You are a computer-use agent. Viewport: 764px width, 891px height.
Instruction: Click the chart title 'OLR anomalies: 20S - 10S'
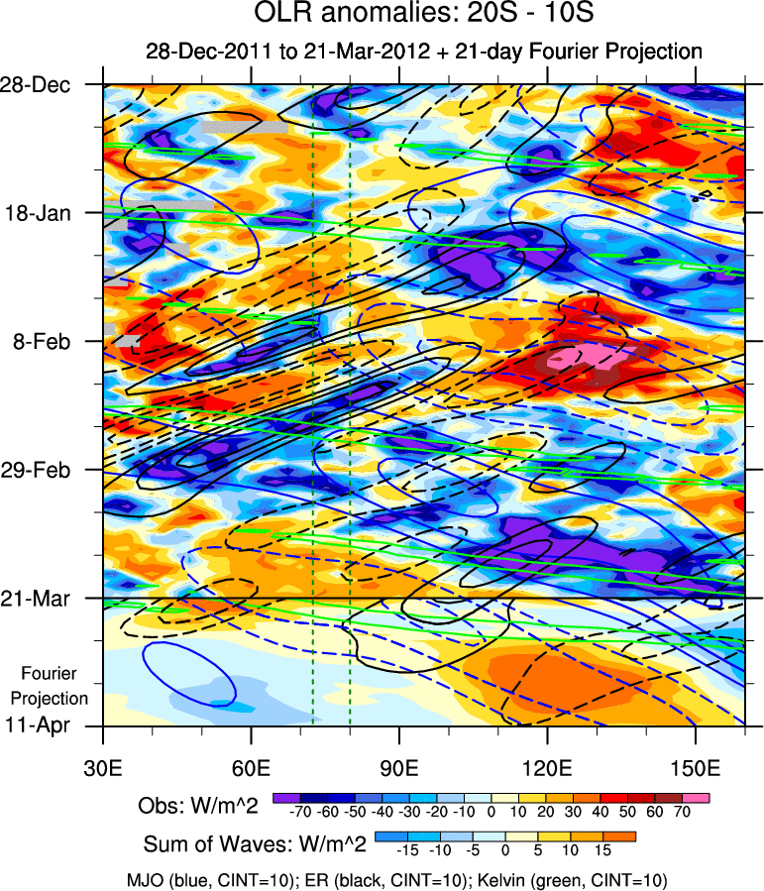423,16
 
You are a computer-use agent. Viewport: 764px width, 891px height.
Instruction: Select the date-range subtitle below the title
423,52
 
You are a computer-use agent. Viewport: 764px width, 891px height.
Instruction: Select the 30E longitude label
104,769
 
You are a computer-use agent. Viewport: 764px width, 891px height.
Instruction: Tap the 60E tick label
252,769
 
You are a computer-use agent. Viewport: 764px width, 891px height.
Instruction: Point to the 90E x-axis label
399,769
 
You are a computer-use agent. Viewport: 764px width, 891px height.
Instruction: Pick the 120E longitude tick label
547,769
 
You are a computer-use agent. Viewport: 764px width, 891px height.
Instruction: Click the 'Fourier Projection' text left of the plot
55,685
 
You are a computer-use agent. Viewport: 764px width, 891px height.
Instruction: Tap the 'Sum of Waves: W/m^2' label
256,844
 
